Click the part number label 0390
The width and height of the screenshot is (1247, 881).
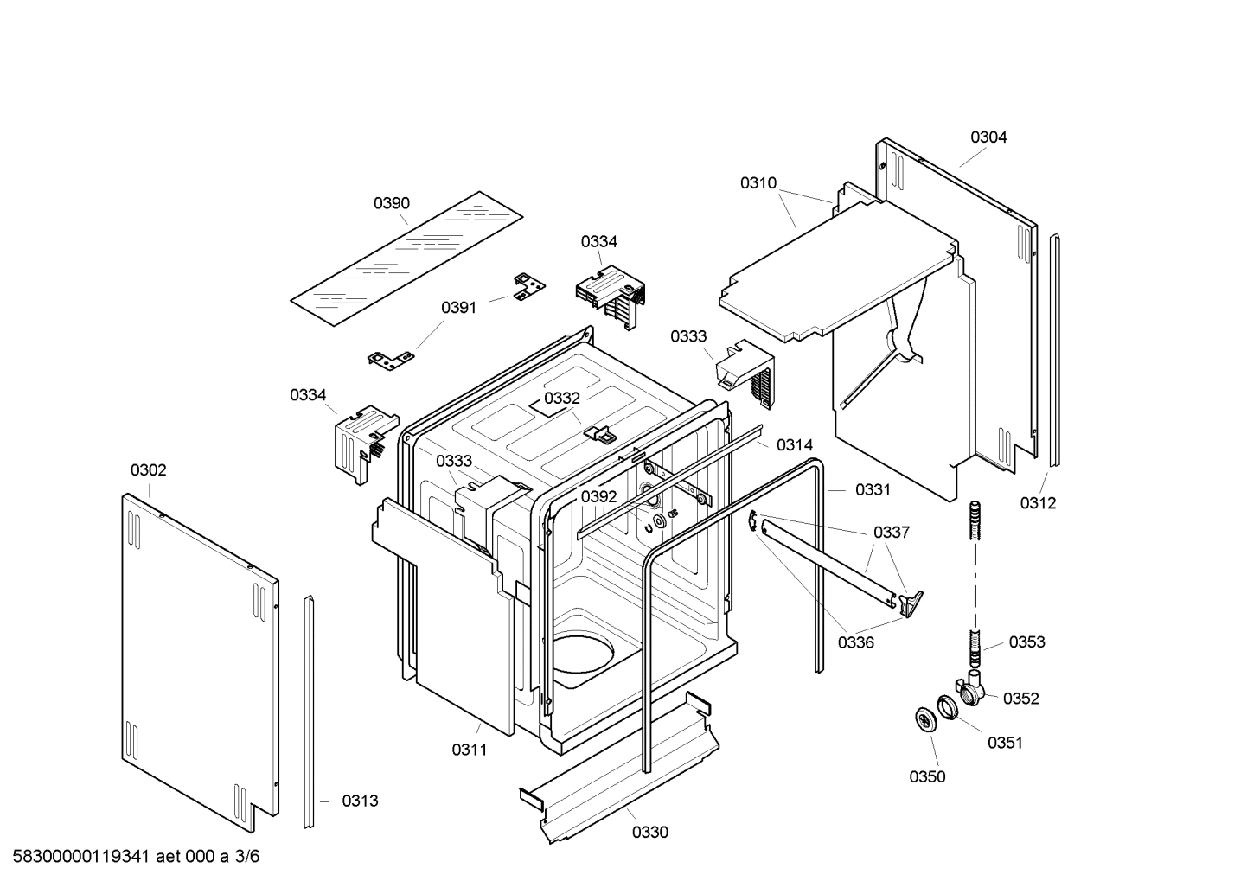tap(392, 203)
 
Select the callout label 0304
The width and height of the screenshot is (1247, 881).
tap(988, 137)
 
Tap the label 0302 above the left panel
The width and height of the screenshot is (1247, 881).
tap(149, 470)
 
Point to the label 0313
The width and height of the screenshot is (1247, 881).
tap(360, 801)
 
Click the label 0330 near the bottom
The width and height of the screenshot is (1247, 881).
tap(650, 833)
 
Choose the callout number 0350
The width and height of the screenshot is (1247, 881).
tap(927, 776)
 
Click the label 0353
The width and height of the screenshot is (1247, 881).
tap(1026, 642)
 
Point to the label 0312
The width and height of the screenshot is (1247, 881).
tap(1038, 503)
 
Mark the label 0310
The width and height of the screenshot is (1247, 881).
tap(758, 182)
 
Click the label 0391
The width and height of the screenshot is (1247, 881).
tap(459, 308)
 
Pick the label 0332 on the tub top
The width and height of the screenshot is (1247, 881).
tap(562, 398)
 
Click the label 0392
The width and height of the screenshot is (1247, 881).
tap(598, 496)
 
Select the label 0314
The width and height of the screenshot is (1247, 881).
tap(795, 444)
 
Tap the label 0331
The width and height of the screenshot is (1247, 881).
tap(873, 490)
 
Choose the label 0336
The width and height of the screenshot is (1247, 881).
tap(856, 642)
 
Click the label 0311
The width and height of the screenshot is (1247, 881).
tap(470, 750)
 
